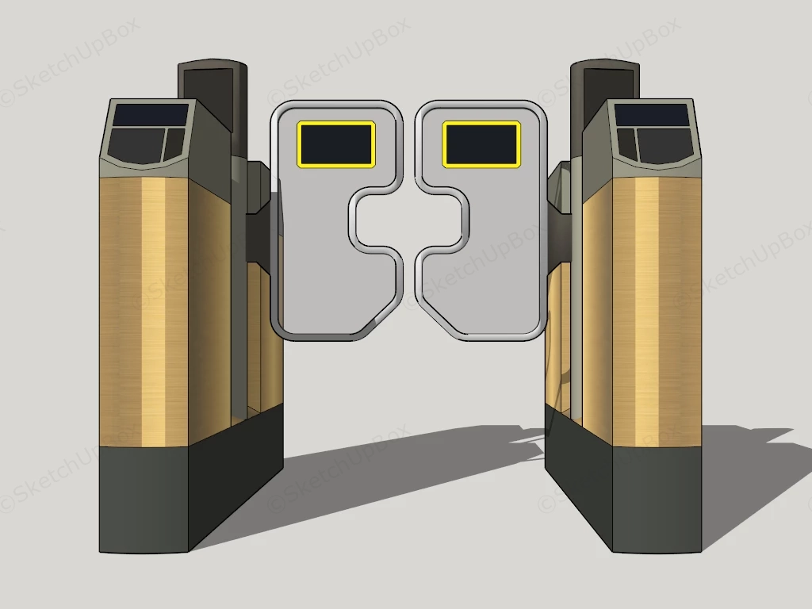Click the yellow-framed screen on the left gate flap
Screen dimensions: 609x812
[x=335, y=144]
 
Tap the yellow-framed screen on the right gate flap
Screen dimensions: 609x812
[x=481, y=144]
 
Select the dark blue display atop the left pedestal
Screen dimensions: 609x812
[x=151, y=115]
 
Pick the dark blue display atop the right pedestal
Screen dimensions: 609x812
[x=653, y=115]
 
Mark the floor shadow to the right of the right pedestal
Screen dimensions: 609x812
[x=745, y=476]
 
